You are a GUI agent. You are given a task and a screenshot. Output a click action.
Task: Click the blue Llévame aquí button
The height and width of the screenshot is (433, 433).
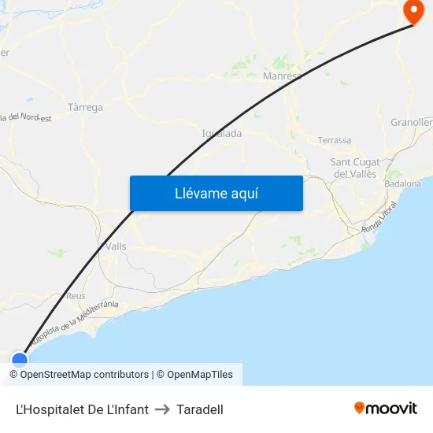(x=216, y=193)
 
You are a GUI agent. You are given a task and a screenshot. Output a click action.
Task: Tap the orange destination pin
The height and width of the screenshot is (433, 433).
(x=413, y=10)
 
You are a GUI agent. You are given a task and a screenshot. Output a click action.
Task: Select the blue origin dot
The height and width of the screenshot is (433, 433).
(x=20, y=360)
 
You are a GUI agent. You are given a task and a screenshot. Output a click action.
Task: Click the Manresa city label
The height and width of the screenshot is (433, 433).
(x=282, y=76)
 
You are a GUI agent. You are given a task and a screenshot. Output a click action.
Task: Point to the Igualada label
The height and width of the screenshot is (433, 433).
(x=222, y=133)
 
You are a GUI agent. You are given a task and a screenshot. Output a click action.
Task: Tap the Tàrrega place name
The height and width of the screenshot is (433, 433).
(x=85, y=107)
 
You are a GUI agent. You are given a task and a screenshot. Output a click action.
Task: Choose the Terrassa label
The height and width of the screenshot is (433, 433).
(x=335, y=140)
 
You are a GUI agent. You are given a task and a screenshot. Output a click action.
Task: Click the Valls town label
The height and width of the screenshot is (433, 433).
(x=116, y=246)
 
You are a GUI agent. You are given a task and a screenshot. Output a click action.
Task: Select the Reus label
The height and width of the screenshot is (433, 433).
(x=76, y=296)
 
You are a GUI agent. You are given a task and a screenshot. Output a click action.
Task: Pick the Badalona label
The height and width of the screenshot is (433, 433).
(x=403, y=183)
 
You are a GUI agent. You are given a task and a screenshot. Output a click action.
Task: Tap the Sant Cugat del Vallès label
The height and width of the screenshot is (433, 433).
(x=355, y=168)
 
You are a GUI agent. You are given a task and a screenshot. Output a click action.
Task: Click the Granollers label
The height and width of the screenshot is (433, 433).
(x=412, y=122)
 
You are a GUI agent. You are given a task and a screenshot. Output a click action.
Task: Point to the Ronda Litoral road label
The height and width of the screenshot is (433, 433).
(x=379, y=217)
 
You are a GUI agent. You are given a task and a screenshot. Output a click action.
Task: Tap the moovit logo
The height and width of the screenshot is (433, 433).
(x=386, y=408)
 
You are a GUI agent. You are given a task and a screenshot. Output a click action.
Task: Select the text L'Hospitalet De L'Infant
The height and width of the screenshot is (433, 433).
(x=82, y=409)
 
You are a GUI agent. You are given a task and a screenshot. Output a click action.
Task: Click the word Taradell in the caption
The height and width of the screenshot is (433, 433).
(x=200, y=409)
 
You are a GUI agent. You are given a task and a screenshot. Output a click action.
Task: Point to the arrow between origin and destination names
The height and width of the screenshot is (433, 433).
(x=162, y=409)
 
